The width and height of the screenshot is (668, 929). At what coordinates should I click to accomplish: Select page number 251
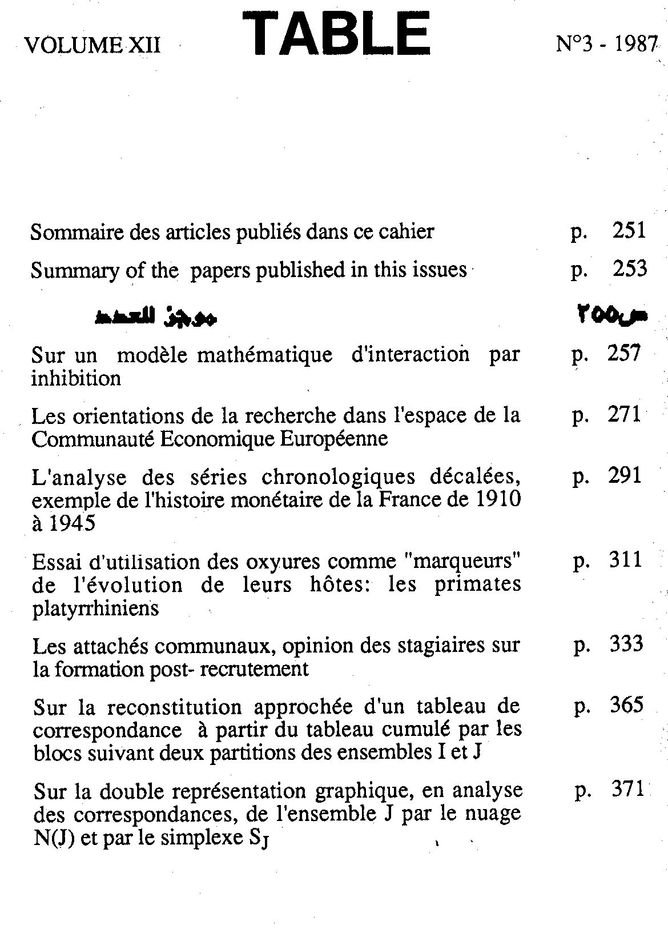(x=629, y=231)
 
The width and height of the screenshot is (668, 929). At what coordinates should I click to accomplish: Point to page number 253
(x=630, y=269)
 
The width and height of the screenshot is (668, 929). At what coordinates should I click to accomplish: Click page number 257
(x=624, y=354)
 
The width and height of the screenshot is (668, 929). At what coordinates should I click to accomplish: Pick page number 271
(x=624, y=415)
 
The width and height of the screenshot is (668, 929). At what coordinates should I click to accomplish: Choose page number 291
(x=625, y=476)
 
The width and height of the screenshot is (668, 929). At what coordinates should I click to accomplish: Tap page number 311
(x=625, y=560)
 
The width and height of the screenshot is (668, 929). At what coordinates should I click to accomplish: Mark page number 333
(x=626, y=644)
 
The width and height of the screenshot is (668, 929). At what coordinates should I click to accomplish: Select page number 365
(x=626, y=706)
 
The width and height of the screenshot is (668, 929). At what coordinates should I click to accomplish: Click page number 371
(x=627, y=790)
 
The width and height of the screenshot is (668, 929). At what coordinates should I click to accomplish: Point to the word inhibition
(x=76, y=378)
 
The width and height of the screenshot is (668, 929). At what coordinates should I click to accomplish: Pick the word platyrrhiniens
(x=96, y=609)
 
